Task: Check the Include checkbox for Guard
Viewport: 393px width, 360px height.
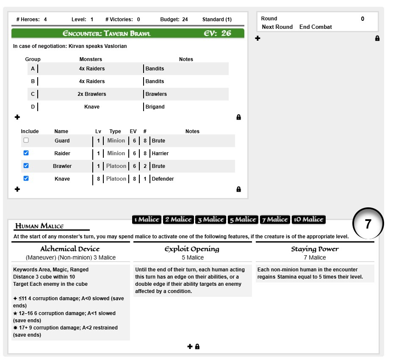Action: pyautogui.click(x=26, y=140)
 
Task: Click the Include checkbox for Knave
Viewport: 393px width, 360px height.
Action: pyautogui.click(x=26, y=179)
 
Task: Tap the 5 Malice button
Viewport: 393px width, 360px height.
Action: pyautogui.click(x=243, y=219)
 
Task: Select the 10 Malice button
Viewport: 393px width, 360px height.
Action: pyautogui.click(x=309, y=219)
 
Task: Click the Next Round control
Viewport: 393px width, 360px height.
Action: pyautogui.click(x=277, y=27)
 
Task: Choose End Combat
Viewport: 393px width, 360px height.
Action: pyautogui.click(x=316, y=27)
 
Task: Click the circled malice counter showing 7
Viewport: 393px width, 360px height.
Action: pyautogui.click(x=368, y=224)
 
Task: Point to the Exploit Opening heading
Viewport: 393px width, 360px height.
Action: pyautogui.click(x=192, y=249)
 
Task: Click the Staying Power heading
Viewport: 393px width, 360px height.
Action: pyautogui.click(x=315, y=249)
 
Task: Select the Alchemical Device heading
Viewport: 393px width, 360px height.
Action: pyautogui.click(x=70, y=249)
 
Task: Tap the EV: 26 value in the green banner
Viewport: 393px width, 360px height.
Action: pyautogui.click(x=218, y=33)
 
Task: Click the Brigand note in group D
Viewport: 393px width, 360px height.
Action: pyautogui.click(x=155, y=107)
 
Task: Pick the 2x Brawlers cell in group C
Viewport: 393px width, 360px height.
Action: pyautogui.click(x=92, y=94)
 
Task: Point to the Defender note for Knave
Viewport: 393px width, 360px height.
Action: pyautogui.click(x=163, y=179)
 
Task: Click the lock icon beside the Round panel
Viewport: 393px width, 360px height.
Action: pyautogui.click(x=377, y=38)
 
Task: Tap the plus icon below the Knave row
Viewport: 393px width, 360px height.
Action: pyautogui.click(x=17, y=189)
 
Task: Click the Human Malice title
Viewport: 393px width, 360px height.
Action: pyautogui.click(x=39, y=226)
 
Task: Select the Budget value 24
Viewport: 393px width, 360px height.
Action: pyautogui.click(x=185, y=20)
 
